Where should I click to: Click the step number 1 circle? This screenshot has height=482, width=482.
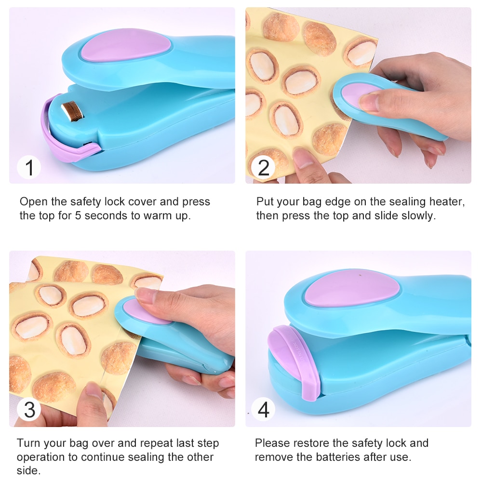click(x=29, y=168)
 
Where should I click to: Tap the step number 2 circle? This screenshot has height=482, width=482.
click(x=264, y=168)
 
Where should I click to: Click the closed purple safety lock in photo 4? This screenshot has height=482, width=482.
click(x=294, y=357)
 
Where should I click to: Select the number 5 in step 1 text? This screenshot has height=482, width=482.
click(x=78, y=215)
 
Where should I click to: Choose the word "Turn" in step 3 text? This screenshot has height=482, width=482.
click(x=27, y=443)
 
